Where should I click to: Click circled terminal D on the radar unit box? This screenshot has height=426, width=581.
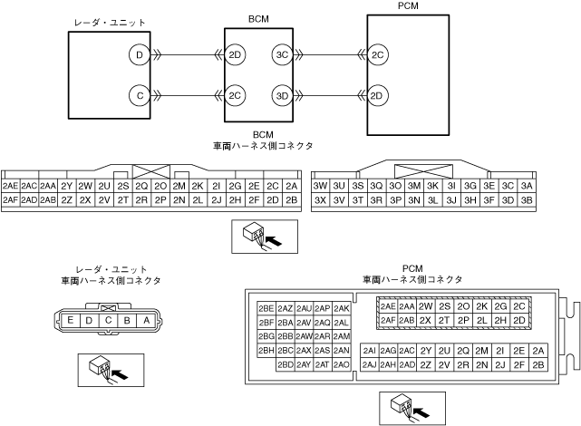[139, 55]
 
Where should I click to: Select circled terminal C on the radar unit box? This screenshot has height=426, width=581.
[139, 94]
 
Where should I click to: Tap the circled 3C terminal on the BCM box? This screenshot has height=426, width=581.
[282, 55]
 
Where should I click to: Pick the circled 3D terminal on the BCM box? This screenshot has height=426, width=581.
[282, 95]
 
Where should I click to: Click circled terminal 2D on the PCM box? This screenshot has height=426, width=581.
[377, 95]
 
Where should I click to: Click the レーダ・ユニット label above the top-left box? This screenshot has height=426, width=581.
[110, 22]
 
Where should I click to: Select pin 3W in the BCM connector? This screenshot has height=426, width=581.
[320, 186]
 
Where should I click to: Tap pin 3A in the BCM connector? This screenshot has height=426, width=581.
[527, 186]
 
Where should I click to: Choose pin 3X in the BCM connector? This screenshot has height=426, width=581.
[320, 200]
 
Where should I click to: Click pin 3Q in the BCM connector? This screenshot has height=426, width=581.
[376, 186]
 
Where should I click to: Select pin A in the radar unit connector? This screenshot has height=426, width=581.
[146, 320]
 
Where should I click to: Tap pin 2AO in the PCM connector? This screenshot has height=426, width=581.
[342, 364]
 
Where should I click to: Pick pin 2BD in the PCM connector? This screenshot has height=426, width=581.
[286, 364]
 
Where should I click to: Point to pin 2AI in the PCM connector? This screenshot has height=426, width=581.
[369, 351]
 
